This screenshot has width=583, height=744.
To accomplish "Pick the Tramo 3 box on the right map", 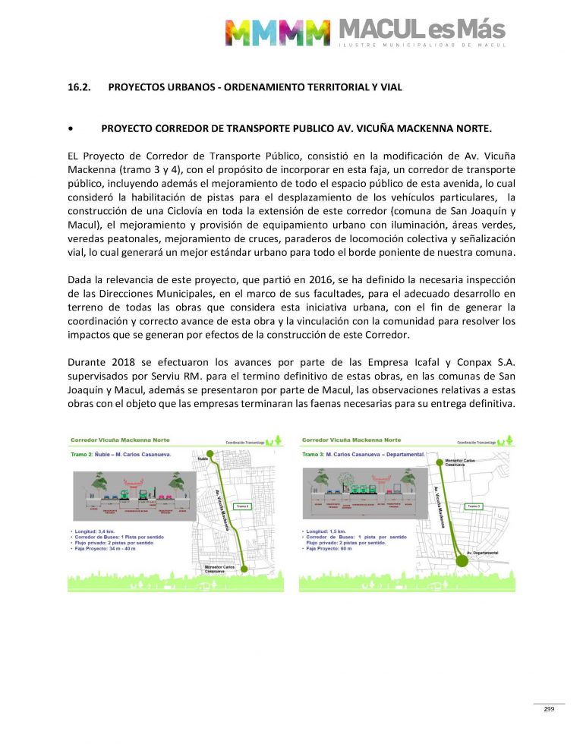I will (474, 505).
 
